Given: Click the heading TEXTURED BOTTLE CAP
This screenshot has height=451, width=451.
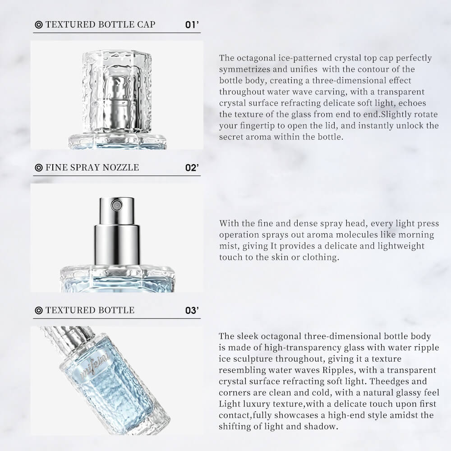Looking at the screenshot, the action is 101,24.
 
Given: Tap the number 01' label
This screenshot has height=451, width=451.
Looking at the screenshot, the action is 192,25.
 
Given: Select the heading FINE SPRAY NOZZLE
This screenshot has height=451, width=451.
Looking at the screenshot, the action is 92,167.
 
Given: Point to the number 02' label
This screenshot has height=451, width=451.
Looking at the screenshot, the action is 192,168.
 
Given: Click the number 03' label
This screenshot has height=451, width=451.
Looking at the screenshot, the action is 192,311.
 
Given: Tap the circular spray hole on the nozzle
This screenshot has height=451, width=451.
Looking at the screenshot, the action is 116,205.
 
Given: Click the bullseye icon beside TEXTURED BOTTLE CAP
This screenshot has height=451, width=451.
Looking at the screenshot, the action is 38,25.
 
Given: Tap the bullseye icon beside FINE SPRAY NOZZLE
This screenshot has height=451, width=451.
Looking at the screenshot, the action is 38,168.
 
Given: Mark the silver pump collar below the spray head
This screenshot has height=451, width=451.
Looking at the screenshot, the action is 117,245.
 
